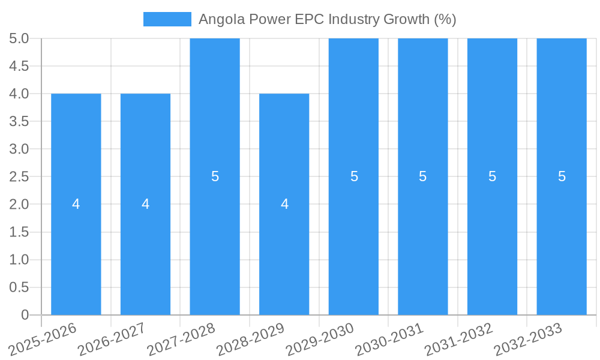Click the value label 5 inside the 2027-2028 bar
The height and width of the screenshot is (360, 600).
point(215,176)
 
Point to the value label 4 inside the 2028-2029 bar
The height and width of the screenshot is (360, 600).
point(284,204)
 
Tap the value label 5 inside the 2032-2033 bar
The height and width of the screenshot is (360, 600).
point(562,176)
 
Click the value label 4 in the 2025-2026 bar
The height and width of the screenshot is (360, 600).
point(76,204)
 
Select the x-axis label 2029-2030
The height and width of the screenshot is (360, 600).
point(320,339)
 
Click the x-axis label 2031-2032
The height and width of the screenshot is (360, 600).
point(459,339)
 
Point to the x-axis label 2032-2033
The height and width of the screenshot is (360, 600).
point(528,339)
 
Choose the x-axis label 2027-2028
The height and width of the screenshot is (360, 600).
point(181,339)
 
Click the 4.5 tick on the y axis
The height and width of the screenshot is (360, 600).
point(19,66)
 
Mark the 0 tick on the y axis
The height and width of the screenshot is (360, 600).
point(25,315)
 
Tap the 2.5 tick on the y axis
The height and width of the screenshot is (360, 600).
point(19,176)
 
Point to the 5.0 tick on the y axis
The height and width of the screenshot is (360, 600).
point(19,38)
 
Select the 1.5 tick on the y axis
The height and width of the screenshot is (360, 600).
point(19,232)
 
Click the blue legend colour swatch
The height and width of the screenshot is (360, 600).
point(167,19)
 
